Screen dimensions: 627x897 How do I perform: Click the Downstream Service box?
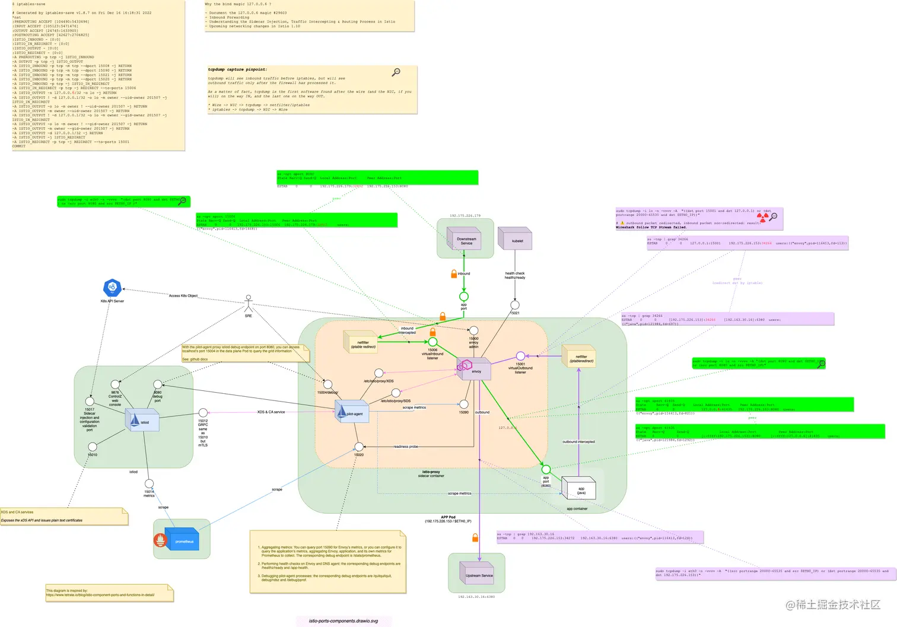pyautogui.click(x=466, y=240)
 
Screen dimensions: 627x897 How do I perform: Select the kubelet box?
pyautogui.click(x=515, y=240)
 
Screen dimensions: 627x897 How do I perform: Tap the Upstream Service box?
pyautogui.click(x=478, y=574)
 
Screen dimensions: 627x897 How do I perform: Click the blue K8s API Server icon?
pyautogui.click(x=112, y=288)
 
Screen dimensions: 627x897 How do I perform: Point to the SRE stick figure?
pyautogui.click(x=249, y=303)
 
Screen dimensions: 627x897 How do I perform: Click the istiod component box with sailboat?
pyautogui.click(x=141, y=421)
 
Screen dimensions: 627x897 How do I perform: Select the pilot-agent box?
pyautogui.click(x=353, y=412)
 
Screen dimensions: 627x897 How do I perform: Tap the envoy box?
pyautogui.click(x=474, y=369)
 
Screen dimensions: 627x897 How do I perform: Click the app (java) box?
pyautogui.click(x=578, y=489)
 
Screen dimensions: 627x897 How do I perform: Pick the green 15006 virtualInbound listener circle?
pyautogui.click(x=433, y=342)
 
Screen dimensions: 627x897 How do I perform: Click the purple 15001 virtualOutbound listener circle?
pyautogui.click(x=520, y=356)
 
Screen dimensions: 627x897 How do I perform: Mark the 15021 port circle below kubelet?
pyautogui.click(x=515, y=305)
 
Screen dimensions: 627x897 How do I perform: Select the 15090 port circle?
pyautogui.click(x=464, y=404)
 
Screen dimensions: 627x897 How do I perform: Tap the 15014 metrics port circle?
pyautogui.click(x=149, y=484)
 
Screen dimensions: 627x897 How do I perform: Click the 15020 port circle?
pyautogui.click(x=359, y=447)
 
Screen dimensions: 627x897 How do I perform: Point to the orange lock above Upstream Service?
pyautogui.click(x=475, y=537)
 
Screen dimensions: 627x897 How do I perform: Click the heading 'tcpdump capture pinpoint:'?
pyautogui.click(x=237, y=69)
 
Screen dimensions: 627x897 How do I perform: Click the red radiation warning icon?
pyautogui.click(x=762, y=218)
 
